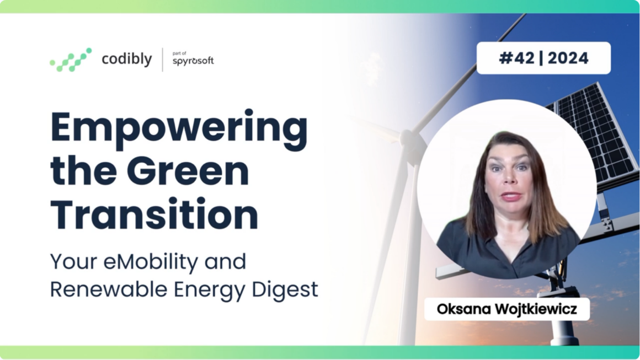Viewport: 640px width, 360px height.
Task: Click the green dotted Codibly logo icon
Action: [x=71, y=60]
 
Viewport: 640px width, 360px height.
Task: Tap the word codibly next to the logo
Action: [x=126, y=59]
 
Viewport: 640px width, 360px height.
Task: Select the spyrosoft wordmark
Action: [x=193, y=61]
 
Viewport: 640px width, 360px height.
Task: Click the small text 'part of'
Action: [x=179, y=53]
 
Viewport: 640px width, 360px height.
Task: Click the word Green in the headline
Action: [x=188, y=170]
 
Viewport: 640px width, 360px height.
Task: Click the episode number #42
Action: [x=516, y=58]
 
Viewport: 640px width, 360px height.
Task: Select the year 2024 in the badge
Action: [x=568, y=58]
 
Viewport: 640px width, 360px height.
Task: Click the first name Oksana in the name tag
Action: [x=463, y=309]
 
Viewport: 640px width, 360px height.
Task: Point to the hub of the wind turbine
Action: [x=409, y=139]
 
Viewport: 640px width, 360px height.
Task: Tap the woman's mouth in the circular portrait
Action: [x=511, y=196]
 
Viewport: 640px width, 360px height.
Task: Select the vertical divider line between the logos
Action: [x=162, y=60]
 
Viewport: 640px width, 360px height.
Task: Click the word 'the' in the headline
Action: [x=84, y=170]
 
